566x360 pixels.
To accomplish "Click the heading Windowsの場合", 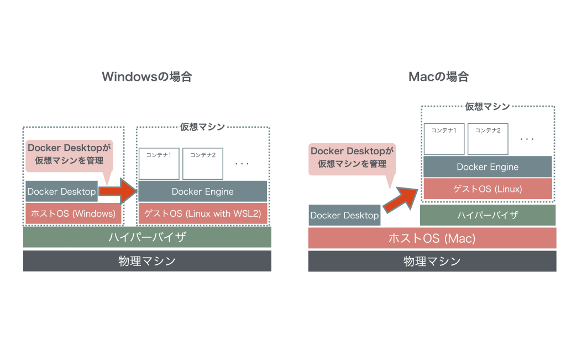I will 146,77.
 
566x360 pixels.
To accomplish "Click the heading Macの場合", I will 438,77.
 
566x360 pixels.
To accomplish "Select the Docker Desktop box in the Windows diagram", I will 61,191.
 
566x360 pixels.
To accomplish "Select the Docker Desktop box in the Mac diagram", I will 344,215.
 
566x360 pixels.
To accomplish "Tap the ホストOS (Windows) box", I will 73,213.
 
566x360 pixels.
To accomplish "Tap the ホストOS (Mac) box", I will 432,238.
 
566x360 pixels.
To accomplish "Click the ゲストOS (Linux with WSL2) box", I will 202,213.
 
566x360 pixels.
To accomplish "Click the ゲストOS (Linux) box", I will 487,189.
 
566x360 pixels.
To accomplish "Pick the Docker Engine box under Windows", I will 202,191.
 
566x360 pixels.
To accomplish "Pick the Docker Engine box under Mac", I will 487,166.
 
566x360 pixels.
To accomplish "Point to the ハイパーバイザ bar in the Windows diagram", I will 147,237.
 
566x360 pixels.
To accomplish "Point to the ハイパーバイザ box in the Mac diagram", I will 487,215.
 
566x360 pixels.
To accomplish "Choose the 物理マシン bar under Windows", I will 147,261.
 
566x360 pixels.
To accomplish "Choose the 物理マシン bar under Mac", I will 432,261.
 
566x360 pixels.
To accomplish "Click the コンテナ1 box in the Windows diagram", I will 159,163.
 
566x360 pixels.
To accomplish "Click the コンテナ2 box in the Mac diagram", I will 488,139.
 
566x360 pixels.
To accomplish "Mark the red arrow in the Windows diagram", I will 119,191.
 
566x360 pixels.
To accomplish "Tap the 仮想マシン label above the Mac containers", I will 487,106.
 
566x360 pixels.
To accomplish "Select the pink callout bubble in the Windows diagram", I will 69,154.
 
